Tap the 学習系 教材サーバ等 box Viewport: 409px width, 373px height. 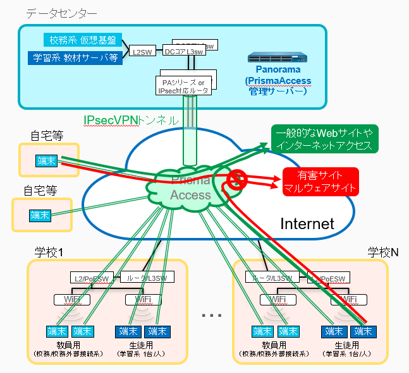pyautogui.click(x=75, y=57)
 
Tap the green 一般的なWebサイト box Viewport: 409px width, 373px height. pyautogui.click(x=324, y=139)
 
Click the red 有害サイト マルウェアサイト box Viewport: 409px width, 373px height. pyautogui.click(x=320, y=181)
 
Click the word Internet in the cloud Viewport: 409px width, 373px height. pyautogui.click(x=307, y=223)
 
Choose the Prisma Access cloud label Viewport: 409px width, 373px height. pyautogui.click(x=190, y=188)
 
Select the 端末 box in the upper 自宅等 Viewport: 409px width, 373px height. pyautogui.click(x=46, y=160)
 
